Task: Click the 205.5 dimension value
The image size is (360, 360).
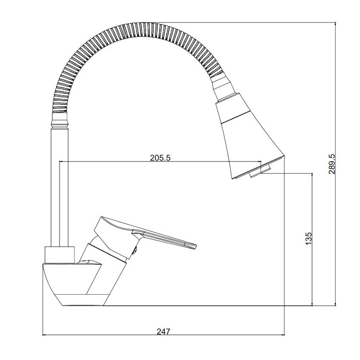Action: coord(160,158)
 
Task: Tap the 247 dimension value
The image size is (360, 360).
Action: coord(164,332)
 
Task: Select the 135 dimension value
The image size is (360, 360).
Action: coord(309,238)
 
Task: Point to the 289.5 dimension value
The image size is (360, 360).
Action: coord(332,164)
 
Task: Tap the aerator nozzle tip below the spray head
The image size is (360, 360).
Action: coord(260,171)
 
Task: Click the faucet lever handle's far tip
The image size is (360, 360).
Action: coord(195,247)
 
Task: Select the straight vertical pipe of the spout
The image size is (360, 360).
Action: coord(59,188)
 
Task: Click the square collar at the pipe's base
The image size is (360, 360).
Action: coord(60,255)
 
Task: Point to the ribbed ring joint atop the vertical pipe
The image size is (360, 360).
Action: coord(59,120)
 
